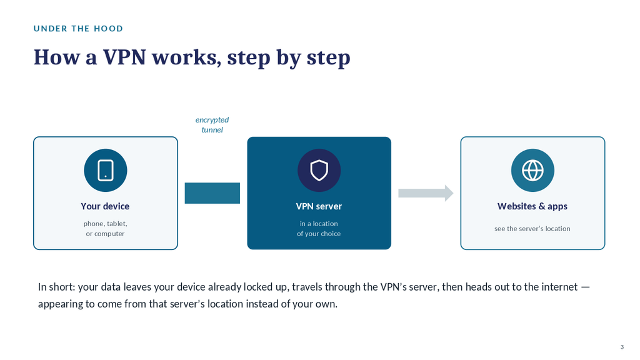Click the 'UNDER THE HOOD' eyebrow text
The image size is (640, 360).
point(78,29)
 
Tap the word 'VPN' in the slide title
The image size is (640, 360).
point(124,57)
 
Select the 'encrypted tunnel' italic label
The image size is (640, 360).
point(212,124)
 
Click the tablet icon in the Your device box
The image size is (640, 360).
point(105,170)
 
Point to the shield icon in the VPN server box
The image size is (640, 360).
point(319,170)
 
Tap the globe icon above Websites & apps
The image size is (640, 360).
point(532,170)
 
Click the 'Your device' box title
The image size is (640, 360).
point(105,206)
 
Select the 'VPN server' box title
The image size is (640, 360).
point(319,206)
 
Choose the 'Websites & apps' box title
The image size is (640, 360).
point(532,206)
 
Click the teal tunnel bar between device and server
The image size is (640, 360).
point(212,193)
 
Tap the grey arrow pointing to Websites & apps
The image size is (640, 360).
point(426,193)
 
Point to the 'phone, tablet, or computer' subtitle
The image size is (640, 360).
point(105,229)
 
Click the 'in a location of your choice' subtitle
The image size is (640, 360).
point(319,229)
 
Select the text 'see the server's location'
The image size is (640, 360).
point(532,229)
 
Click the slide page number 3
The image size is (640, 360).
point(622,347)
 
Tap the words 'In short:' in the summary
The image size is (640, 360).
point(57,287)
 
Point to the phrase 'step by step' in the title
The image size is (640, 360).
point(289,57)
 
